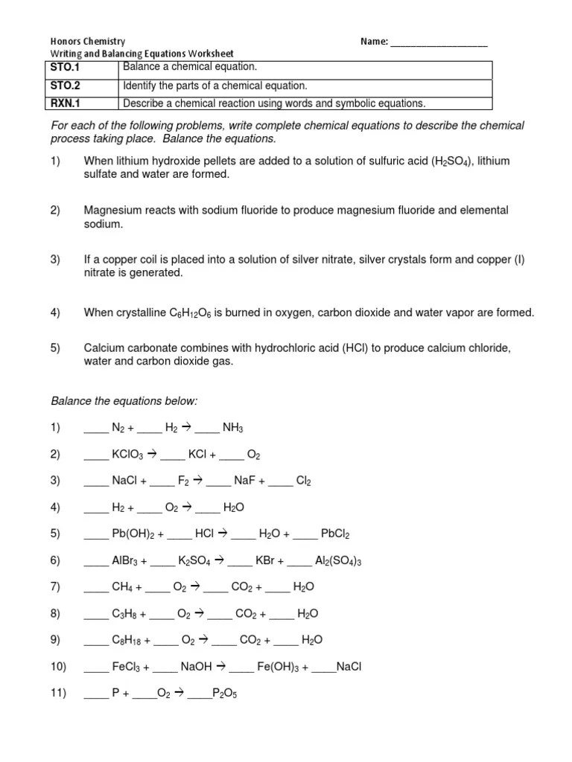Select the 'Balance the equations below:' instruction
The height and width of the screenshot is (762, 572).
[x=124, y=401]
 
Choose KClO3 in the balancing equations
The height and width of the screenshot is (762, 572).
[x=127, y=455]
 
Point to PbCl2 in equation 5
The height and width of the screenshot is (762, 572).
[x=335, y=534]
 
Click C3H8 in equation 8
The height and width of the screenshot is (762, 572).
[x=127, y=614]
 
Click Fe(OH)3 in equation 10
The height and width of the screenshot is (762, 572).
[x=278, y=667]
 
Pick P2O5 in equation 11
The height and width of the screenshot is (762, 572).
[x=224, y=694]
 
